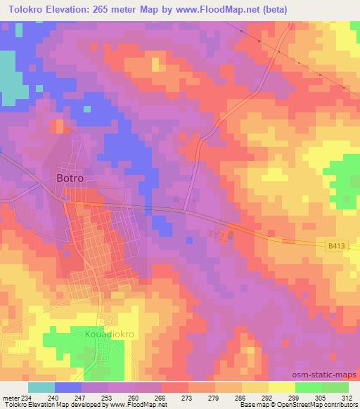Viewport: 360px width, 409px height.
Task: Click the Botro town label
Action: pos(70,178)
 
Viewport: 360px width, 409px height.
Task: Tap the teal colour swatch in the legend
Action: pos(41,387)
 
